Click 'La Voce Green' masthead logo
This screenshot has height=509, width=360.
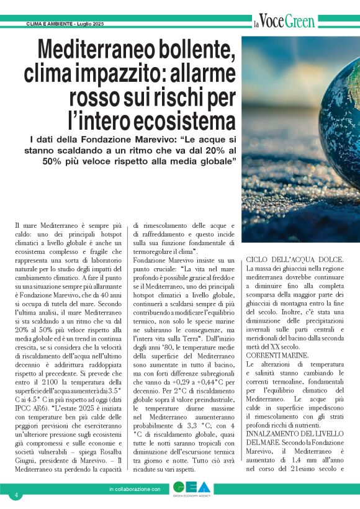(284, 22)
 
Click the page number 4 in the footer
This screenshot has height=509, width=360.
(17, 495)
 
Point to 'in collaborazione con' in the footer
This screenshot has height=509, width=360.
(134, 490)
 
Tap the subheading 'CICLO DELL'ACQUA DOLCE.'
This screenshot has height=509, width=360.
(290, 259)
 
